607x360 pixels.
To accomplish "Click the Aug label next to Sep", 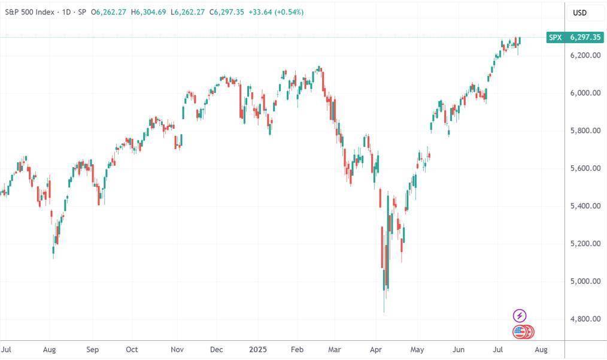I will point(50,349).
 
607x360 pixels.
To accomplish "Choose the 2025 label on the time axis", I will point(258,349).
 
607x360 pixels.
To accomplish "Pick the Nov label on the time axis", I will point(177,349).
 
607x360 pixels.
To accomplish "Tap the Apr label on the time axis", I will point(376,349).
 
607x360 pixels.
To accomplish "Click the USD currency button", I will point(579,13).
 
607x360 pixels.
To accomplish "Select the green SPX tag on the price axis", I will point(556,37).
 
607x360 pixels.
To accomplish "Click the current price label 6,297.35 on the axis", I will point(585,37).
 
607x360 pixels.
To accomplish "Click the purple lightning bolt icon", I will point(520,316).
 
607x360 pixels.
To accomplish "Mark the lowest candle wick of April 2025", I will point(384,311).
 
